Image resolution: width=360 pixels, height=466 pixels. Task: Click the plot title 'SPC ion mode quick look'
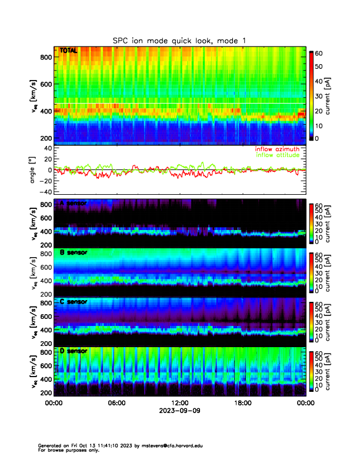click(179, 39)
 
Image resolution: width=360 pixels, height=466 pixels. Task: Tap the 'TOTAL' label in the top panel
click(68, 51)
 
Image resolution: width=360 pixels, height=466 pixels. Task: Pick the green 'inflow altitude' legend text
click(280, 155)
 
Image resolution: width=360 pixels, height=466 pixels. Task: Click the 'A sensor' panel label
click(73, 203)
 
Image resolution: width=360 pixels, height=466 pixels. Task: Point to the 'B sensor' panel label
click(73, 252)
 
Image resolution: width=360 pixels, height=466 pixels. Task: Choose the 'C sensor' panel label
click(73, 302)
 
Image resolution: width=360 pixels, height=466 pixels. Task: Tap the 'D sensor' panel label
click(73, 351)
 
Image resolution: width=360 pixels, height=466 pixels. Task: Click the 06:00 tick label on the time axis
click(116, 404)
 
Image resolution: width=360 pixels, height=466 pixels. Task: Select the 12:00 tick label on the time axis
click(179, 404)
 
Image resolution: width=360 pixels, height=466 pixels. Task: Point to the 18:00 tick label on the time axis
click(242, 404)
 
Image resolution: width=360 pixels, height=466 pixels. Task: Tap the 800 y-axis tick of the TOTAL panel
click(45, 57)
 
